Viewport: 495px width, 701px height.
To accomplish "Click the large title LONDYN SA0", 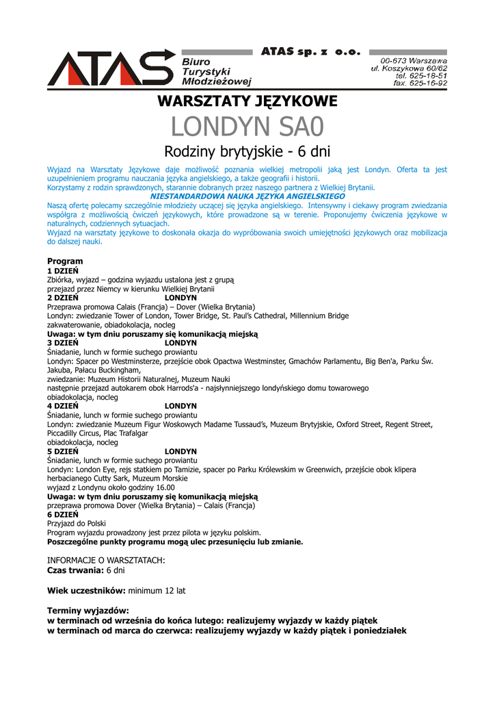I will pyautogui.click(x=247, y=127).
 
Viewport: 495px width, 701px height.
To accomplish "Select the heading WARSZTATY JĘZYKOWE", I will pyautogui.click(x=247, y=102).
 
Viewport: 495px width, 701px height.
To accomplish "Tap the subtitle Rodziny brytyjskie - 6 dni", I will pyautogui.click(x=247, y=151).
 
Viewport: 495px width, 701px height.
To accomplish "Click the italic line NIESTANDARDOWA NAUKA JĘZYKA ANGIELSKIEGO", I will pyautogui.click(x=247, y=196).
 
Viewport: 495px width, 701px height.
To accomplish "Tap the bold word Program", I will pyautogui.click(x=65, y=262).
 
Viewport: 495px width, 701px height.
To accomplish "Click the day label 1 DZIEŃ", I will pyautogui.click(x=63, y=271).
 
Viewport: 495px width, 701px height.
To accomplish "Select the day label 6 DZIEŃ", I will pyautogui.click(x=63, y=515).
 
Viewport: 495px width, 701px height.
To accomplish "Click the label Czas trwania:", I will pyautogui.click(x=75, y=570).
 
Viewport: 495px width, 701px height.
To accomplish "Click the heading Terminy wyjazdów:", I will pyautogui.click(x=88, y=611).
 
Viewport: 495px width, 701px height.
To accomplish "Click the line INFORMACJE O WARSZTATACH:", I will pyautogui.click(x=106, y=560).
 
